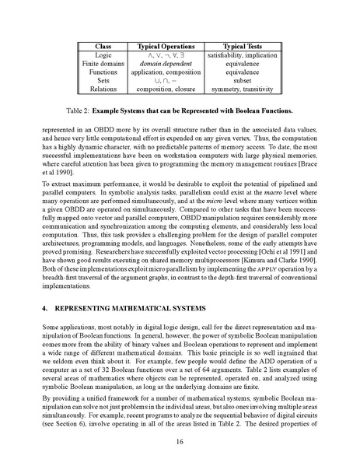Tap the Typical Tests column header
point(239,47)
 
